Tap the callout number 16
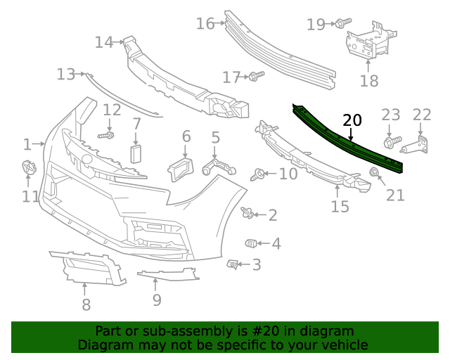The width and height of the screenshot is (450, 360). point(205,24)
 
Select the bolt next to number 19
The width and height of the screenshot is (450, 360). point(341,24)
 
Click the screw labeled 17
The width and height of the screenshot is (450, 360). point(256,75)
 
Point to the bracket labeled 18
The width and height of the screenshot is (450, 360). point(367,43)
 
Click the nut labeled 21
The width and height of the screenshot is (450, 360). point(375,172)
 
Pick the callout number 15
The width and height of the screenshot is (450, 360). point(340,206)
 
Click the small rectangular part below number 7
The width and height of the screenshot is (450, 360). point(136,154)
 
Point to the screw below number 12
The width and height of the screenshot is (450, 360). point(106,134)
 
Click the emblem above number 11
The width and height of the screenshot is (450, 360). point(29,169)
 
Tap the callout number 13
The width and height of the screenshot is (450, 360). point(66,74)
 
